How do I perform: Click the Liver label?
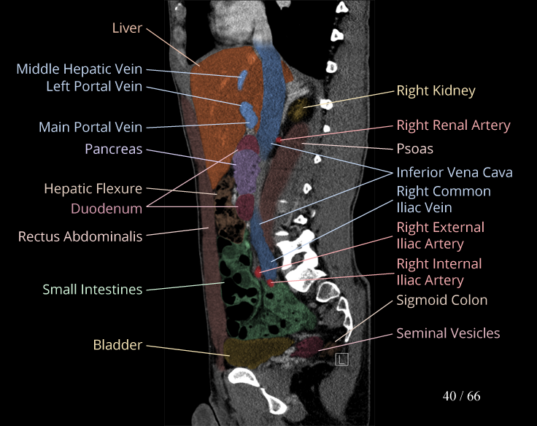[127, 28]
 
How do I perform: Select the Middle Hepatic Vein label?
[80, 69]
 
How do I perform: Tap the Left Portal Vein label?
[94, 87]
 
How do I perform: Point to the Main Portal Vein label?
[90, 127]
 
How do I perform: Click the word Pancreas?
[113, 149]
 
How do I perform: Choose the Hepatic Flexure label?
[93, 189]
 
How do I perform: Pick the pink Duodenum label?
[107, 209]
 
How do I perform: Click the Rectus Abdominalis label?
[80, 236]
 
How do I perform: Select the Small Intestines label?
[92, 290]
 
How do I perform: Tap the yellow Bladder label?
[117, 344]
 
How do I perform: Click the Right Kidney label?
[436, 91]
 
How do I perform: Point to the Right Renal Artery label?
[453, 125]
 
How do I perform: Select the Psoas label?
[414, 149]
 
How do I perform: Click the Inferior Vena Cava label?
[454, 173]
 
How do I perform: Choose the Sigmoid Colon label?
[441, 300]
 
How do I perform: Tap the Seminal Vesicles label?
[448, 333]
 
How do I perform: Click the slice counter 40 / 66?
[461, 396]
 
